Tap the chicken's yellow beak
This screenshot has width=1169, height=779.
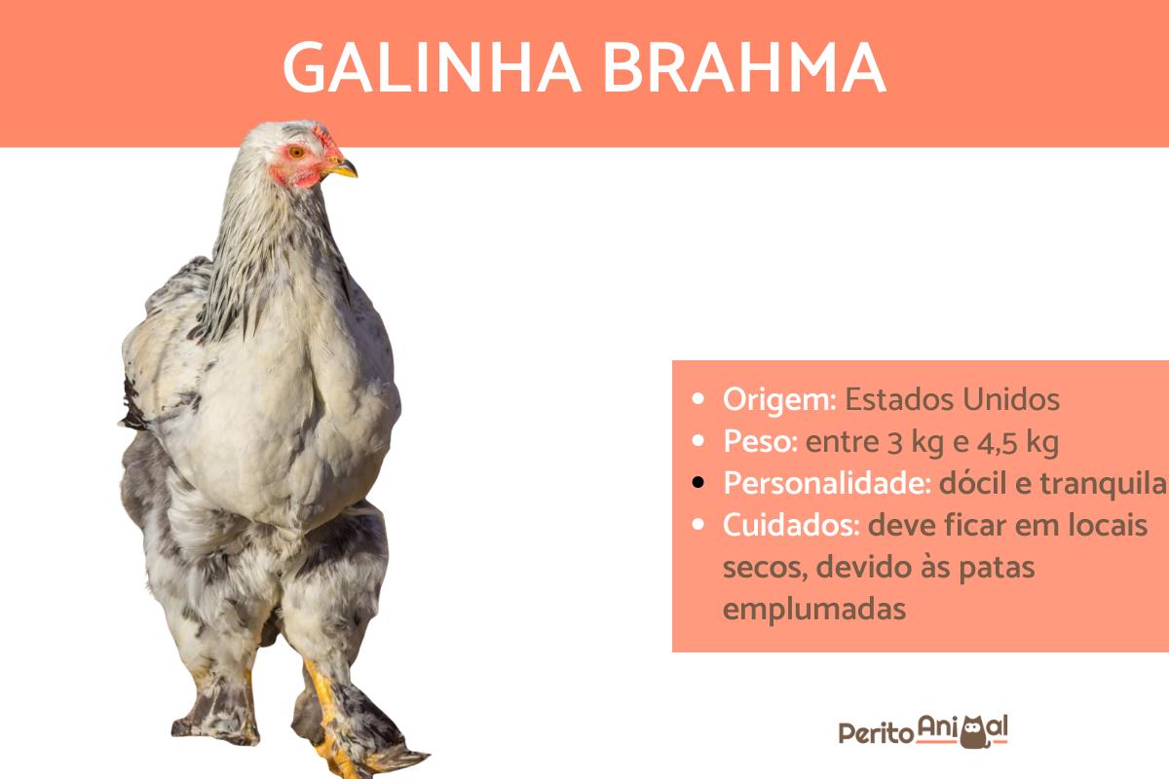click(x=344, y=169)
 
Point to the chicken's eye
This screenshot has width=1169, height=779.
click(x=296, y=152)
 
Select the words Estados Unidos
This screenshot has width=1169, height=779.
click(x=952, y=399)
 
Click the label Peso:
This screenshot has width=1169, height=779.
click(x=760, y=442)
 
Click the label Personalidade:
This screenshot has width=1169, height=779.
click(x=826, y=484)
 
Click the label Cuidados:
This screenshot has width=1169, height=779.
click(x=790, y=526)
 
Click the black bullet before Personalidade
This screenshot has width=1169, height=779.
click(x=698, y=484)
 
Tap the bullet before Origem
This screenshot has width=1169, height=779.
click(x=698, y=399)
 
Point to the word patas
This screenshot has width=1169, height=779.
click(x=995, y=568)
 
